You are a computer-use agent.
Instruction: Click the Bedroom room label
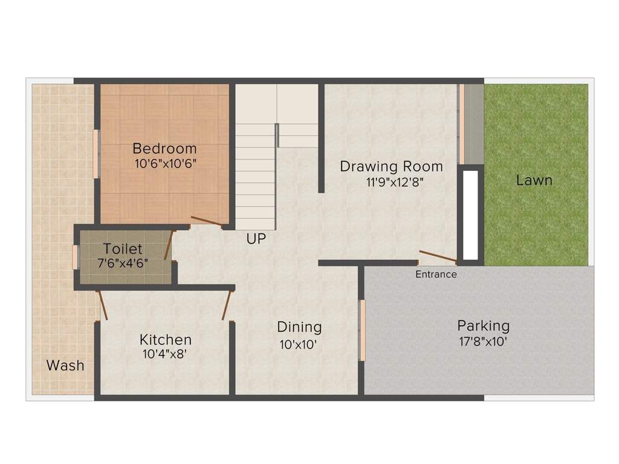click(x=164, y=148)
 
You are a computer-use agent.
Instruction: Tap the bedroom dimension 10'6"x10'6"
click(x=166, y=163)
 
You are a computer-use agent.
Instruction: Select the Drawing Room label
click(x=391, y=166)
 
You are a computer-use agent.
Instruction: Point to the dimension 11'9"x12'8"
click(x=391, y=182)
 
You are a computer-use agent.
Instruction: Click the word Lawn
click(x=534, y=180)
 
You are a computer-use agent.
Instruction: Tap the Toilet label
click(x=123, y=248)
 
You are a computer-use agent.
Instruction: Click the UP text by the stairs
click(x=256, y=239)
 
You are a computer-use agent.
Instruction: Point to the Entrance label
click(x=436, y=274)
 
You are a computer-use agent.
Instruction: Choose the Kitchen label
click(x=165, y=340)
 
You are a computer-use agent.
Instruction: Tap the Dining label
click(x=299, y=327)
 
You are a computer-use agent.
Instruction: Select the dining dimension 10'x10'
click(x=297, y=344)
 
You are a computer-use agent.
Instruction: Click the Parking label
click(x=483, y=326)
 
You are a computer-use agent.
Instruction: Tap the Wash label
click(x=65, y=366)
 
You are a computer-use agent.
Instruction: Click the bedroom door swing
click(x=206, y=221)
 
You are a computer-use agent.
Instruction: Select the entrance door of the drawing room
click(x=438, y=257)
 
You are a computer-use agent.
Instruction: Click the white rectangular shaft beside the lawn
click(x=470, y=214)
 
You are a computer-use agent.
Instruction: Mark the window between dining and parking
click(x=362, y=330)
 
